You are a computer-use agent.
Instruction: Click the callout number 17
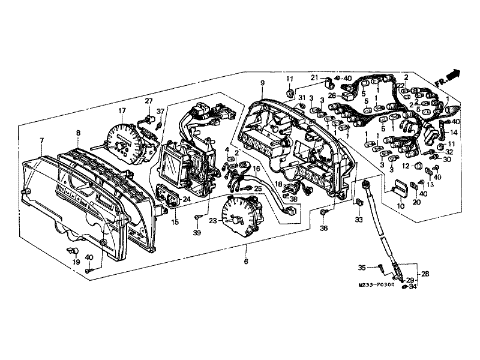[122, 110]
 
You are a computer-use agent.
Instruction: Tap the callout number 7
[42, 140]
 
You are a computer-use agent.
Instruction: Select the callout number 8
[79, 133]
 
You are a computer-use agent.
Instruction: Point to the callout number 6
[246, 261]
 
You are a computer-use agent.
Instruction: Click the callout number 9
[262, 83]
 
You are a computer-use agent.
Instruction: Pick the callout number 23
[213, 220]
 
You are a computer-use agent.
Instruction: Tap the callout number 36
[323, 228]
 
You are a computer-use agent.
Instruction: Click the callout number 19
[76, 262]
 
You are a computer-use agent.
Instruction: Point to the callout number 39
[197, 233]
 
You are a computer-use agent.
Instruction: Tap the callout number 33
[359, 220]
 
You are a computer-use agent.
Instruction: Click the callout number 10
[401, 206]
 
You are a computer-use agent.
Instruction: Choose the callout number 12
[406, 166]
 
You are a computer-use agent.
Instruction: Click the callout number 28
[425, 274]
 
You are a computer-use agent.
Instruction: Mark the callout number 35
[362, 268]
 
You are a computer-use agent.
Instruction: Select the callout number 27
[149, 101]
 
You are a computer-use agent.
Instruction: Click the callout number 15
[175, 222]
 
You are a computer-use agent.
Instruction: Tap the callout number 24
[187, 199]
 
